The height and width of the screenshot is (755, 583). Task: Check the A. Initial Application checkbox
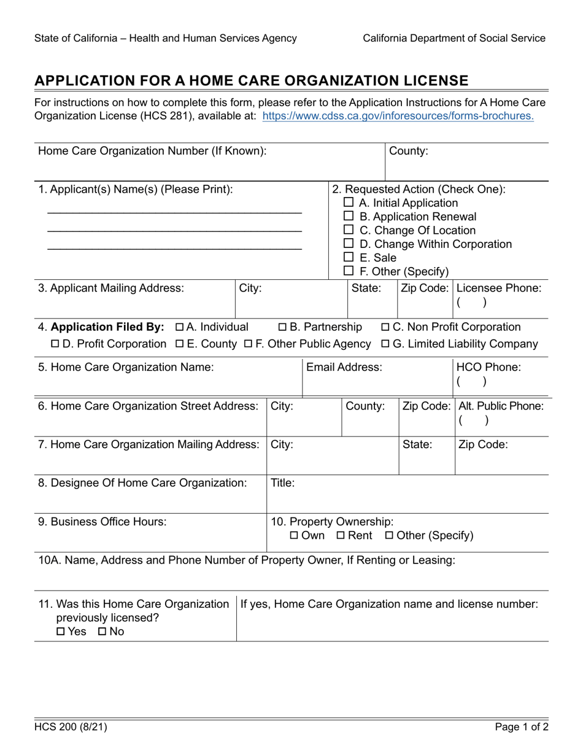click(348, 203)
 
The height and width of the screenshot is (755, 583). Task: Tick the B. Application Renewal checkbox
click(348, 216)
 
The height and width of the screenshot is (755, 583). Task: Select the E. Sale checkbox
click(348, 257)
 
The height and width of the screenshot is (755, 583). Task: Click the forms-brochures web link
click(398, 116)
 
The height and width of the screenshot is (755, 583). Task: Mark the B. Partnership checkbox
click(283, 327)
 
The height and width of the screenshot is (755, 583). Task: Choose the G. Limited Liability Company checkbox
click(385, 344)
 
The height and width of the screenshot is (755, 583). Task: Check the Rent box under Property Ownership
click(341, 536)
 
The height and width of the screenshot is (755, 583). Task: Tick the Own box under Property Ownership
click(294, 536)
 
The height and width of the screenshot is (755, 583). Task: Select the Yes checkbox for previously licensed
click(60, 632)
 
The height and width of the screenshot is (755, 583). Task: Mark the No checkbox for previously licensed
click(102, 632)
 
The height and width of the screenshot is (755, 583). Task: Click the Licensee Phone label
click(499, 288)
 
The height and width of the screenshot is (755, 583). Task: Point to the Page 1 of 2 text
click(522, 727)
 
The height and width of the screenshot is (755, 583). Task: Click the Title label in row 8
click(283, 483)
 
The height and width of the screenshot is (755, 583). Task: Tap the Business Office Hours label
click(102, 522)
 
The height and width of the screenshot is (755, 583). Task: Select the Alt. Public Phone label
click(501, 406)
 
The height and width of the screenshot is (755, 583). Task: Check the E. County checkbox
click(179, 344)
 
